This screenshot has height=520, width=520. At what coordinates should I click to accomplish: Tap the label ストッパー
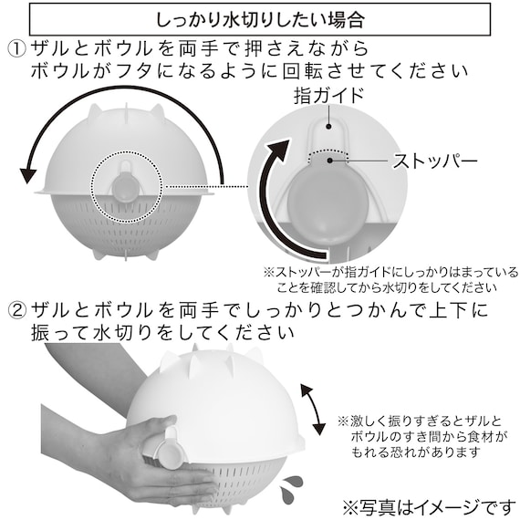pos(435,162)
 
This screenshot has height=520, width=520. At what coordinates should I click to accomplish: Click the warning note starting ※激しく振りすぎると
pos(421,437)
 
